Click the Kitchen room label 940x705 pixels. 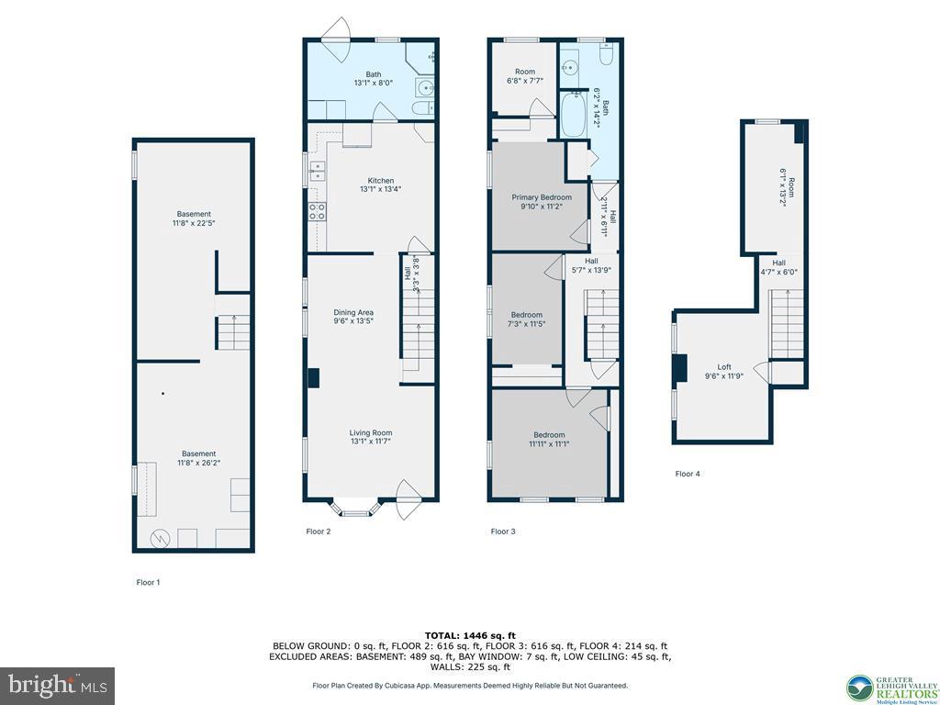coord(380,181)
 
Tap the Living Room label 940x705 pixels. coord(370,433)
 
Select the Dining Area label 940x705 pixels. coord(352,313)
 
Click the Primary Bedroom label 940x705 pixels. coord(542,197)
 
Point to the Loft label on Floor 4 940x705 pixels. coord(715,365)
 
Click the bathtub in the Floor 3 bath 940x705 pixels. coord(573,115)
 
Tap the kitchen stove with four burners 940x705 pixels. coord(318,212)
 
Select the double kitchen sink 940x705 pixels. coord(317,170)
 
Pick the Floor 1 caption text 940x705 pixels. coord(148,582)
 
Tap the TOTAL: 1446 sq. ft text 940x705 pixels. coord(470,635)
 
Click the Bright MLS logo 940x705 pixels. coord(57,685)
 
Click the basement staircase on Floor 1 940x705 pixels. coord(233,331)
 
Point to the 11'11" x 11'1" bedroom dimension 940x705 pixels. coord(549,444)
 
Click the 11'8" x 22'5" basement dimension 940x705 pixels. coord(194,223)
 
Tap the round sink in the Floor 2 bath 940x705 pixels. coord(424,89)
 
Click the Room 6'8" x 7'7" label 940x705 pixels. coord(524,80)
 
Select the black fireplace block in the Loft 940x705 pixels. coord(680,367)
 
